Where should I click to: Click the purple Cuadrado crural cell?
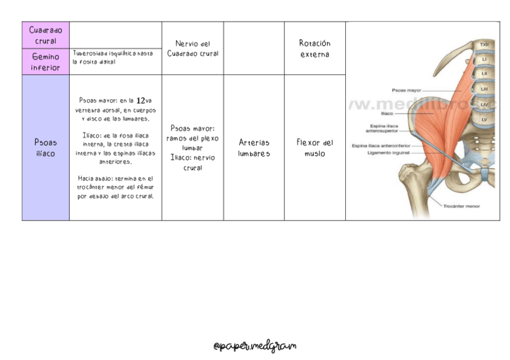pos(46,35)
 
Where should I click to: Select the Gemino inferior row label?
pos(46,62)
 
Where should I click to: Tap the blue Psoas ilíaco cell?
pos(46,148)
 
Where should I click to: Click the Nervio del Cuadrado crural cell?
pos(192,48)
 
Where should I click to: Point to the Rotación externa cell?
pos(315,48)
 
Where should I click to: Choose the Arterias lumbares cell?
pos(254,148)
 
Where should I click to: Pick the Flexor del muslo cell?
pos(315,148)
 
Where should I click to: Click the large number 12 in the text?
pos(141,101)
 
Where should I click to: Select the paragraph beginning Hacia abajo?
pos(115,187)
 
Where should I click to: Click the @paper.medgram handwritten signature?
pos(255,347)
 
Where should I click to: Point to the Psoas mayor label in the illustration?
pos(407,90)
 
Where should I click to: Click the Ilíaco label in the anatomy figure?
pos(387,112)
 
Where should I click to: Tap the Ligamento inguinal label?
pos(389,153)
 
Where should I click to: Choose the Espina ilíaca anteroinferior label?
pos(381,145)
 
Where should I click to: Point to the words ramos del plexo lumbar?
pos(192,142)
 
